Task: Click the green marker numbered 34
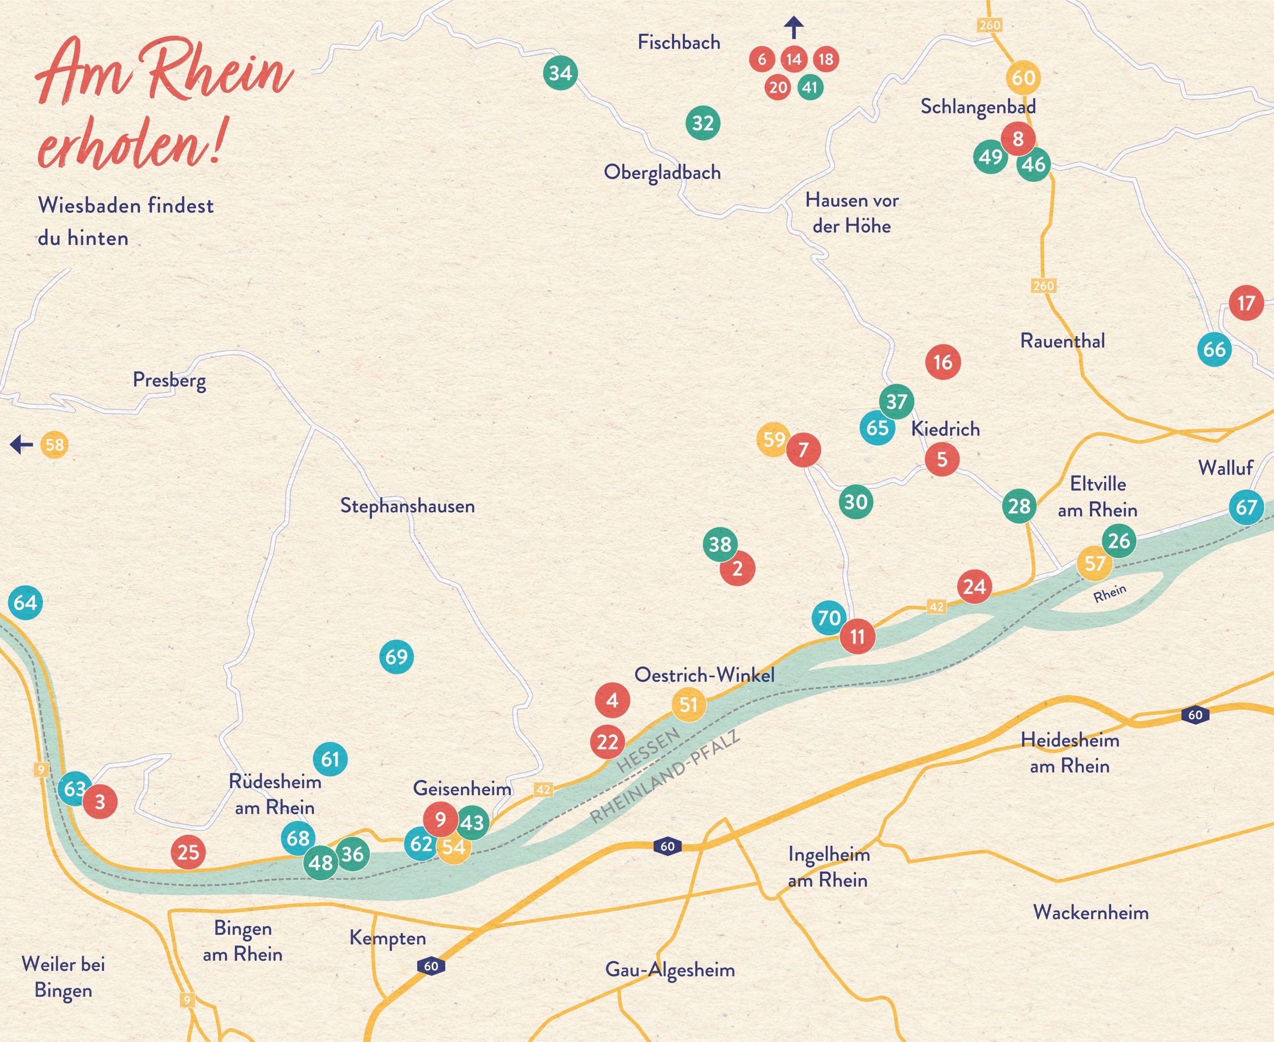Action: [x=560, y=73]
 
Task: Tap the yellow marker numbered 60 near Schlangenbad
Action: [x=1023, y=77]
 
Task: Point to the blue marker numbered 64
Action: [x=25, y=602]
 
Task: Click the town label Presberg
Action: [x=169, y=381]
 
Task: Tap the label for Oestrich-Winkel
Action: [x=704, y=675]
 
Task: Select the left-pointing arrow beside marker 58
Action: [x=22, y=445]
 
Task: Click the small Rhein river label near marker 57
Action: [x=1109, y=593]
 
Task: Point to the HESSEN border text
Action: [x=648, y=750]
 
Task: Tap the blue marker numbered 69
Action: [x=396, y=657]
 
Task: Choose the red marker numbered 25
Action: [x=188, y=852]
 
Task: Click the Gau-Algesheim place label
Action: [x=670, y=970]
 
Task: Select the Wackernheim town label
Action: [x=1091, y=913]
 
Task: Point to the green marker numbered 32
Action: [x=703, y=123]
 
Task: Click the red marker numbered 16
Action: [x=942, y=362]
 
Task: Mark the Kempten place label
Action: [x=387, y=938]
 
